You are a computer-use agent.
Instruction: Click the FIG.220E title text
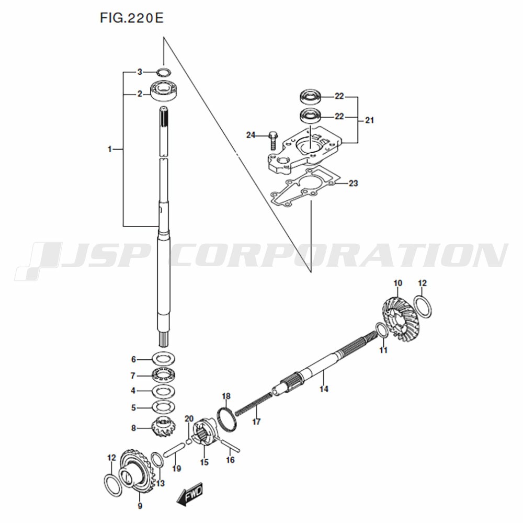click(132, 18)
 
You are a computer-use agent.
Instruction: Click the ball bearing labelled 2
click(166, 90)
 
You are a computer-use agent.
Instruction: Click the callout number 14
click(324, 389)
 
